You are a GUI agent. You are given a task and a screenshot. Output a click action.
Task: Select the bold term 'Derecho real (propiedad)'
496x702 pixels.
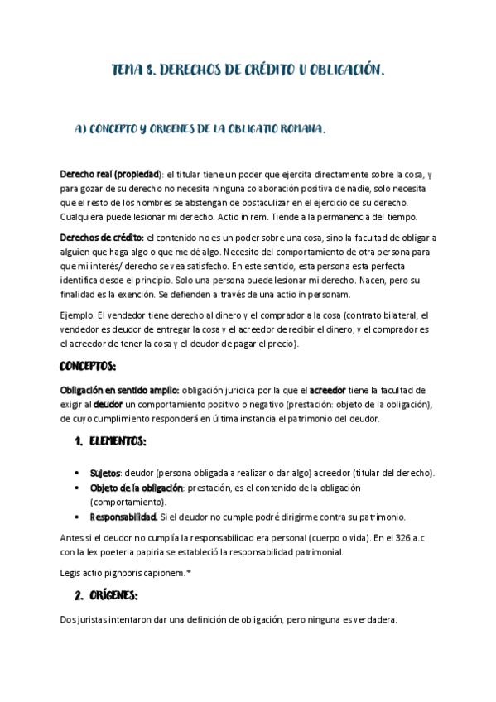click(x=110, y=175)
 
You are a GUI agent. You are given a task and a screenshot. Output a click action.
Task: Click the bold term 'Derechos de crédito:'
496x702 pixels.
click(x=102, y=238)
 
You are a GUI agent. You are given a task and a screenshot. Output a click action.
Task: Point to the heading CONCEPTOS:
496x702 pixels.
click(x=88, y=366)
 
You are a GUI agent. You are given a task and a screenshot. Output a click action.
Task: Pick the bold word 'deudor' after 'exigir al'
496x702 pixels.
click(x=108, y=404)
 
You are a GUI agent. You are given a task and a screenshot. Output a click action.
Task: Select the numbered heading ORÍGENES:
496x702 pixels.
click(x=113, y=595)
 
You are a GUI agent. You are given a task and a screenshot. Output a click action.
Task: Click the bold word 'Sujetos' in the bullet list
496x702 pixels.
click(x=105, y=473)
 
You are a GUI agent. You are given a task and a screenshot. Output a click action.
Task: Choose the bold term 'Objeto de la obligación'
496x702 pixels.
click(x=136, y=488)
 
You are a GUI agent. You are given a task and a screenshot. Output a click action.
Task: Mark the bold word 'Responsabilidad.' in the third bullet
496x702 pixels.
click(x=123, y=517)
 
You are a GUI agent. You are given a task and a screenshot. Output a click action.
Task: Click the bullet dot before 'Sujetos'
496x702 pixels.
click(x=76, y=473)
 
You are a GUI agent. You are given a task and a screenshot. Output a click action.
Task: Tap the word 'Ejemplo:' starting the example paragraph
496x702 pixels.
click(x=78, y=315)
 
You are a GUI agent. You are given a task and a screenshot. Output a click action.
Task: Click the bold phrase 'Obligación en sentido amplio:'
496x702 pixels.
click(x=119, y=390)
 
